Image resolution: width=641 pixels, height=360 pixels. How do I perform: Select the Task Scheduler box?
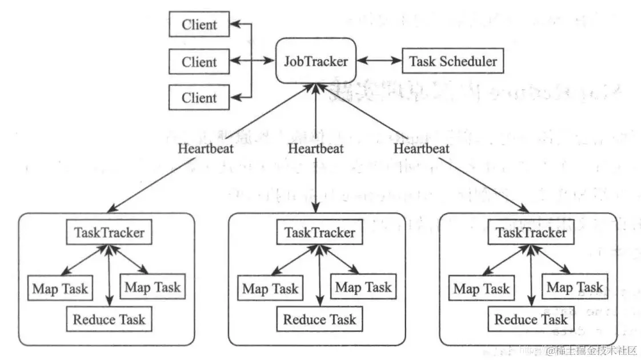pos(453,61)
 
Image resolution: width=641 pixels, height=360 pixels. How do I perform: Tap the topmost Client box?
pos(199,25)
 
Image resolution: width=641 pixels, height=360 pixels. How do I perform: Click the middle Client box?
pos(199,62)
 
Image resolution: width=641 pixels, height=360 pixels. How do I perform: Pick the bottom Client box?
pos(199,98)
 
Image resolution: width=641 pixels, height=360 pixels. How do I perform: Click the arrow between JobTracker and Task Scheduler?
pos(379,61)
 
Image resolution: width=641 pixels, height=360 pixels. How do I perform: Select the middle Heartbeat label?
pos(316,149)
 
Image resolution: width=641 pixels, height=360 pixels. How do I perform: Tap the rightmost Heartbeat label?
pos(421,149)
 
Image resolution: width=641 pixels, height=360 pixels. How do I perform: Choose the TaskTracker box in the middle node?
pos(319,233)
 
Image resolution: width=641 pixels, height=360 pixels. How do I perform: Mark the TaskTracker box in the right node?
pos(531,233)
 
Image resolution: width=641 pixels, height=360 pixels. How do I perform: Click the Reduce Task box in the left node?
pos(109,319)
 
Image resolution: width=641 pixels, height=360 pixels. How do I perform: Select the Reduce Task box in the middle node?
pos(319,319)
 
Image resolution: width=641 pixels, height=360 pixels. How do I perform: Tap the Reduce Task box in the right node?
pos(531,319)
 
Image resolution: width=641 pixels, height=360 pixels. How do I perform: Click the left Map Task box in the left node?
pos(60,289)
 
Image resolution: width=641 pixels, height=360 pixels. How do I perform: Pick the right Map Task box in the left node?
pos(153,286)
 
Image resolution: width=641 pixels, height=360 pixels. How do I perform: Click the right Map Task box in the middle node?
pos(363,286)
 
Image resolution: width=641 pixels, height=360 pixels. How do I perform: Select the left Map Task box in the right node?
pos(482,289)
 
